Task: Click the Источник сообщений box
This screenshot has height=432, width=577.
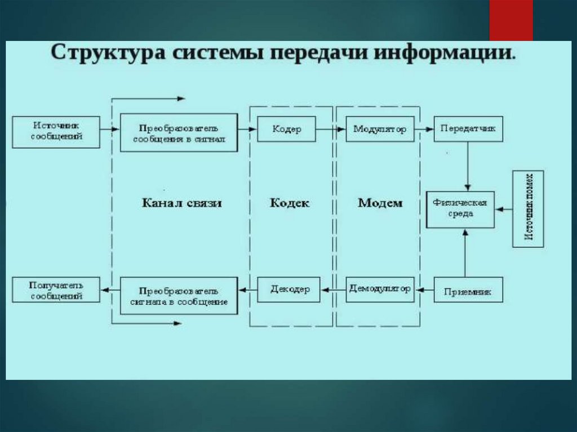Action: click(x=56, y=132)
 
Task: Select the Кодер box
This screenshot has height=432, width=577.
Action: click(x=286, y=129)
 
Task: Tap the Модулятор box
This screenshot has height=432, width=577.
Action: click(x=380, y=129)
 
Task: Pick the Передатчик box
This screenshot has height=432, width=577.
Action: click(x=468, y=129)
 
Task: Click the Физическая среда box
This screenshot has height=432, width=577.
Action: click(x=460, y=209)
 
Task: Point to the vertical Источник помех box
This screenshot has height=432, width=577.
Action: click(x=528, y=208)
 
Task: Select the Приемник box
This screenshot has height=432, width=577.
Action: click(x=468, y=291)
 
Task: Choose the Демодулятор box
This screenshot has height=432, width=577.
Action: click(x=380, y=289)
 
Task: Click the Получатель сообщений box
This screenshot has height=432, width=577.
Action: click(x=56, y=290)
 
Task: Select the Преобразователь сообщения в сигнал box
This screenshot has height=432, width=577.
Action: click(x=179, y=132)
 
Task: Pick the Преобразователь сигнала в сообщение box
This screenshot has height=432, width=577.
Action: click(x=179, y=296)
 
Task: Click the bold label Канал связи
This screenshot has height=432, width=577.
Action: click(x=181, y=203)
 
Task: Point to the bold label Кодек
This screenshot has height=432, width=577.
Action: click(x=290, y=203)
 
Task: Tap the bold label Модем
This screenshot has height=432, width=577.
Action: click(x=380, y=203)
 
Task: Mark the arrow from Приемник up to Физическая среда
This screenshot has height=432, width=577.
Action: click(x=465, y=253)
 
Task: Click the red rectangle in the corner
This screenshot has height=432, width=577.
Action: click(x=511, y=20)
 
